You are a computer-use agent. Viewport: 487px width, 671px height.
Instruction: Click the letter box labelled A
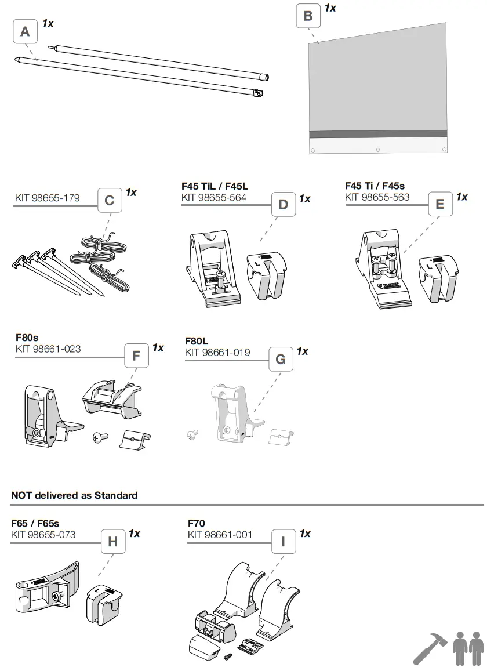pos(25,31)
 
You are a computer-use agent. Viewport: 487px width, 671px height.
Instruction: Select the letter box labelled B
pos(308,16)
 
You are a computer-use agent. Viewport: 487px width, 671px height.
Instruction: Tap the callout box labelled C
pos(109,201)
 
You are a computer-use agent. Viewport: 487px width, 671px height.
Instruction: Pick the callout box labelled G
pos(280,360)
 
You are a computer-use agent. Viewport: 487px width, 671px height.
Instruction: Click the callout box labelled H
pos(112,542)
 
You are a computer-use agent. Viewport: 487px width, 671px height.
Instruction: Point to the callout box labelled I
pos(283,542)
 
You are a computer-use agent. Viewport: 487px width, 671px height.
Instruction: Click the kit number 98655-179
pos(48,198)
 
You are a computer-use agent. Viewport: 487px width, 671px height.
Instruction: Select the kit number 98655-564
pos(214,198)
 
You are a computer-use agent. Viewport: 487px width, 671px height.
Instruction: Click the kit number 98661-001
pos(220,534)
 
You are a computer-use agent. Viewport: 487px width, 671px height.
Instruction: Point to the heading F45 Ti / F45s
pos(375,186)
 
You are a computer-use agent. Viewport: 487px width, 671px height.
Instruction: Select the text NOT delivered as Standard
pos(74,495)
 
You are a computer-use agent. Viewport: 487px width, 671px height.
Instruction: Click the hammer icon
pos(430,648)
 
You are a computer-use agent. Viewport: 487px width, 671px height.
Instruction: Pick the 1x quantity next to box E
pos(461,197)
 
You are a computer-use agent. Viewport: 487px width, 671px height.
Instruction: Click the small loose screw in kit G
pos(192,433)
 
